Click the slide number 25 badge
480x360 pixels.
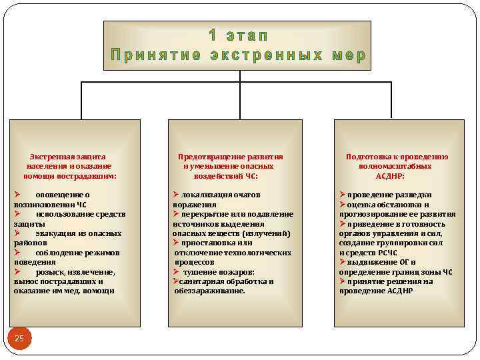tap(19, 339)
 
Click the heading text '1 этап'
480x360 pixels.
tap(238, 35)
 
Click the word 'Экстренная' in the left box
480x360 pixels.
tap(52, 157)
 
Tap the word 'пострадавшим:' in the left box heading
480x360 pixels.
tap(92, 176)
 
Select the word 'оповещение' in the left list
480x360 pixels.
tap(57, 195)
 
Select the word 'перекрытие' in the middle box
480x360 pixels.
tap(201, 214)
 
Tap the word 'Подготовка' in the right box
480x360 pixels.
tap(368, 157)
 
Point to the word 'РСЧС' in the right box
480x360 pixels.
tap(387, 253)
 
